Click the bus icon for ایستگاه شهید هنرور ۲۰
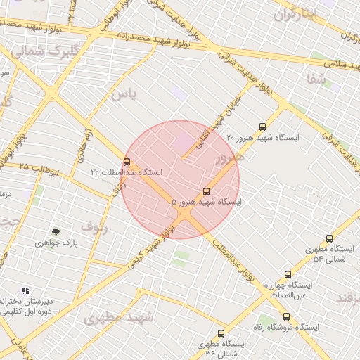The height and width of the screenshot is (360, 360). (x=262, y=127)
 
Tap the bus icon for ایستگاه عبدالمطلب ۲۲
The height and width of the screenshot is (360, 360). (x=127, y=162)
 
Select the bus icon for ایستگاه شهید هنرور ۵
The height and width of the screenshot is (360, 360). (x=206, y=191)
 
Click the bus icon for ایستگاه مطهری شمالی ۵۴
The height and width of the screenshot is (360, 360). (x=329, y=239)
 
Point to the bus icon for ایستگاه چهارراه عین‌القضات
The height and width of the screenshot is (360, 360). (x=288, y=274)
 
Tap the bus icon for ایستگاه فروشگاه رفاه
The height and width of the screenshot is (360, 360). (x=286, y=317)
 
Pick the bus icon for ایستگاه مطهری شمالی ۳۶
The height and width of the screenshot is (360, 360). (x=221, y=334)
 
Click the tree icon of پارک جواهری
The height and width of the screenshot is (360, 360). (x=55, y=231)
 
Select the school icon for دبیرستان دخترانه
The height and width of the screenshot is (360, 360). (x=26, y=290)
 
